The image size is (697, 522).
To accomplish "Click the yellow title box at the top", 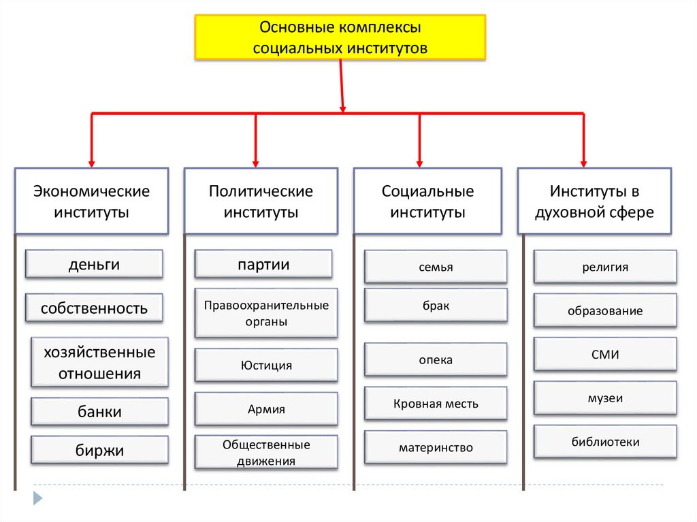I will point(340,38).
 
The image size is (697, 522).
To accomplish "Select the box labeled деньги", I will point(94,264).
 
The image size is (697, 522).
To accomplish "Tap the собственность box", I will point(94,308).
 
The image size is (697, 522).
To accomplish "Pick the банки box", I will point(99,412).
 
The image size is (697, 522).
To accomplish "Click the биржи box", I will point(99,450).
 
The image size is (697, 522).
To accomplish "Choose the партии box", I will point(263,264).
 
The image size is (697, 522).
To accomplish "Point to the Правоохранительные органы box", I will point(266,313).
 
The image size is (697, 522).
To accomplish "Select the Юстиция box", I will point(266,365).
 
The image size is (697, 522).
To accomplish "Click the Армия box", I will point(266,409).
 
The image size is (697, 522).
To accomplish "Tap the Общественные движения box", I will point(266,453).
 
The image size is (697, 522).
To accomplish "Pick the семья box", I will point(436,267).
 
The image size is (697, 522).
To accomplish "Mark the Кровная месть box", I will point(436,404).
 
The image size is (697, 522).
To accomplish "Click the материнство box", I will point(436,447).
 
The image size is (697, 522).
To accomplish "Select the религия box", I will point(605,267).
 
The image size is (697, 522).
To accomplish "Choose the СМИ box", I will point(605,354).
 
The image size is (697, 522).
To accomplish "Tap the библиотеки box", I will point(605,442).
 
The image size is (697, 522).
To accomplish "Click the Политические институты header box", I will point(261,201).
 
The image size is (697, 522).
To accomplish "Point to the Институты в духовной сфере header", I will point(594,201).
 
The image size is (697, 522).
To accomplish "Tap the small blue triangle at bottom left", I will point(38,497).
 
